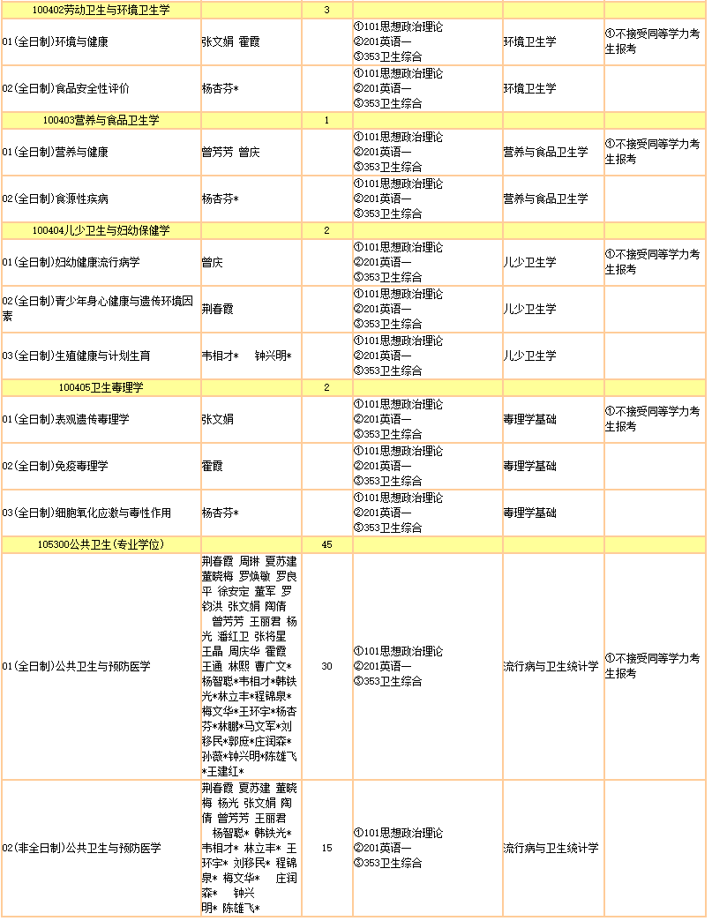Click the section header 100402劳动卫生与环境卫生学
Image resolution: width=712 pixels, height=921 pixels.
tap(101, 10)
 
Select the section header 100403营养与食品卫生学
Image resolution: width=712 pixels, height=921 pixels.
tap(107, 120)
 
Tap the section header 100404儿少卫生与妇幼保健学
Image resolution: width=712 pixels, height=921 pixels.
tap(101, 230)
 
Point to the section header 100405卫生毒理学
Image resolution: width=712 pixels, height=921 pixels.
tap(101, 387)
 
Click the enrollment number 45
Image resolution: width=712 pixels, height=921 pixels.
tap(326, 544)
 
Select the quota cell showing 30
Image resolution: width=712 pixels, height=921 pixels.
tap(326, 666)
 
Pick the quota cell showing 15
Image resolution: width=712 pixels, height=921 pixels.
tap(326, 848)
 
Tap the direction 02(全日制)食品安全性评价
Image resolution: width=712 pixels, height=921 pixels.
tap(66, 88)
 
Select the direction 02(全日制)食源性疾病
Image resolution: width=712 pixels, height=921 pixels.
tap(61, 198)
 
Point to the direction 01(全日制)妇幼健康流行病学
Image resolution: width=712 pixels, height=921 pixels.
tap(71, 262)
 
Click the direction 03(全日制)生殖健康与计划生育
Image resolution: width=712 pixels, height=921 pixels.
tap(77, 356)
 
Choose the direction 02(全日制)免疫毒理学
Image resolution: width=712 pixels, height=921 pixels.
tap(61, 466)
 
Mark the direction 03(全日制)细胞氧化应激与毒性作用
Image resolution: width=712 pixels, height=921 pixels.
tap(86, 513)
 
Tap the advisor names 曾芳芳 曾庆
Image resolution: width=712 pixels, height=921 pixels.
tap(230, 152)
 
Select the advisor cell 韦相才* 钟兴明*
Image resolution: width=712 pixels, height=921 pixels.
tap(246, 356)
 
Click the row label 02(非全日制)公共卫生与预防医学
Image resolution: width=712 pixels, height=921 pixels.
tap(81, 848)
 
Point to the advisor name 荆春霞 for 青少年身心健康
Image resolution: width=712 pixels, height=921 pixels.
tap(218, 309)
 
